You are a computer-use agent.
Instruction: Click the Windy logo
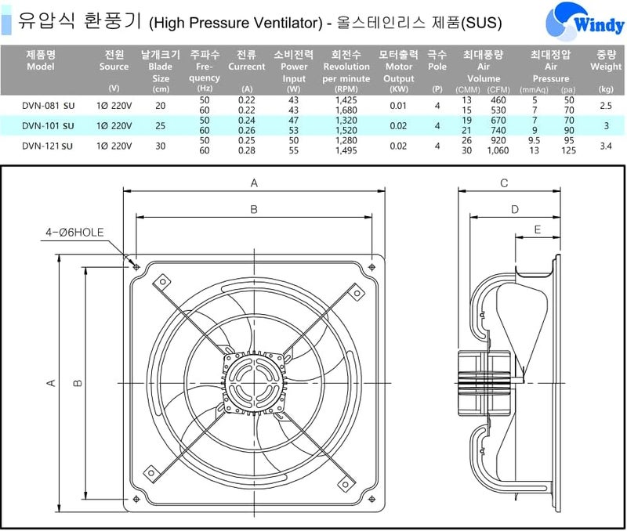coord(584,21)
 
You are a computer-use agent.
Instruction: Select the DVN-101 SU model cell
coord(48,126)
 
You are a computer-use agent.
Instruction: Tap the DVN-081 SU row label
coord(48,106)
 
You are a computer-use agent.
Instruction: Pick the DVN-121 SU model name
coord(48,146)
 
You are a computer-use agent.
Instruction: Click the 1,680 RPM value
coord(346,110)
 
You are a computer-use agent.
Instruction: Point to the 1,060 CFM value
coord(498,150)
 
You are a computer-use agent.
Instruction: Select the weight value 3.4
coord(606,146)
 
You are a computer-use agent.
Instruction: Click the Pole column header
coord(437,61)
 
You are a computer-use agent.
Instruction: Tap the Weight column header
coord(606,61)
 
